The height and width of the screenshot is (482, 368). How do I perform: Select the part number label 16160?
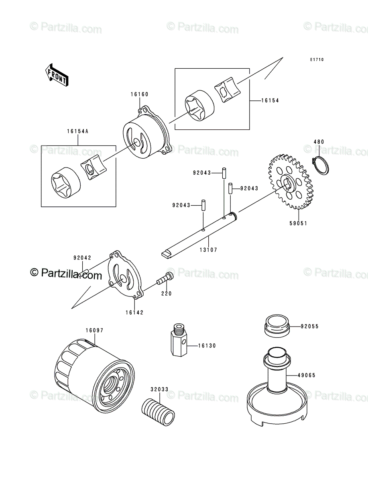click(139, 94)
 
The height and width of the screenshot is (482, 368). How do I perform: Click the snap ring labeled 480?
click(321, 165)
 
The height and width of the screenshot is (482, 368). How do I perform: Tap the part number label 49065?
click(307, 375)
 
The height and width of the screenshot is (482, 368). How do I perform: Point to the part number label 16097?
click(94, 330)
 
